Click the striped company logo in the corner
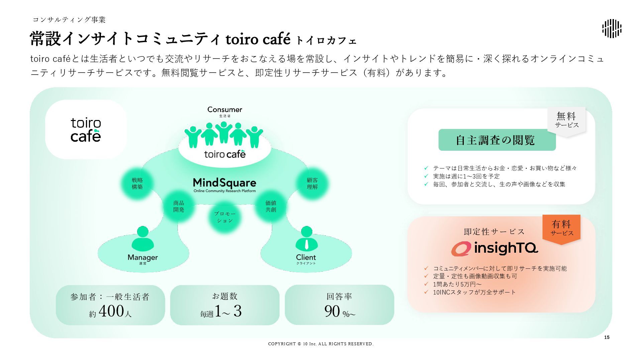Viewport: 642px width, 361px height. coord(612,28)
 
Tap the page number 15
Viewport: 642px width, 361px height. coord(607,337)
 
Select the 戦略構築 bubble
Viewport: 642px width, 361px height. coord(137,184)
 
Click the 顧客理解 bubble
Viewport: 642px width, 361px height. coord(312,184)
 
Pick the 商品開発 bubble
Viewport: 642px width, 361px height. coord(179,206)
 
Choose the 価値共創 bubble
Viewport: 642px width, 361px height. coord(271,206)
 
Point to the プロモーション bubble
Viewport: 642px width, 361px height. coord(225,217)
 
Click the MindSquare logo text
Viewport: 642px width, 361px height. coord(224,183)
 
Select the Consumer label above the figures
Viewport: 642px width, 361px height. coord(225,109)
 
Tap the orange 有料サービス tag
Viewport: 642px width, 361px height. coord(561,228)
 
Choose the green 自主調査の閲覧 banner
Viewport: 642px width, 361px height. coord(497,140)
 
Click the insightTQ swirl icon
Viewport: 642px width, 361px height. coord(461,249)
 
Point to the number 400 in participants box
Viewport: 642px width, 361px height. coord(112,311)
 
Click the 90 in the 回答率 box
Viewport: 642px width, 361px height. coord(332,311)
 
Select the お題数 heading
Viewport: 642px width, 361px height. coord(225,296)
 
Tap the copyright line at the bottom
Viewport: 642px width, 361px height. coord(321,344)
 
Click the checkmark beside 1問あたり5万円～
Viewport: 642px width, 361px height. coord(426,284)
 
